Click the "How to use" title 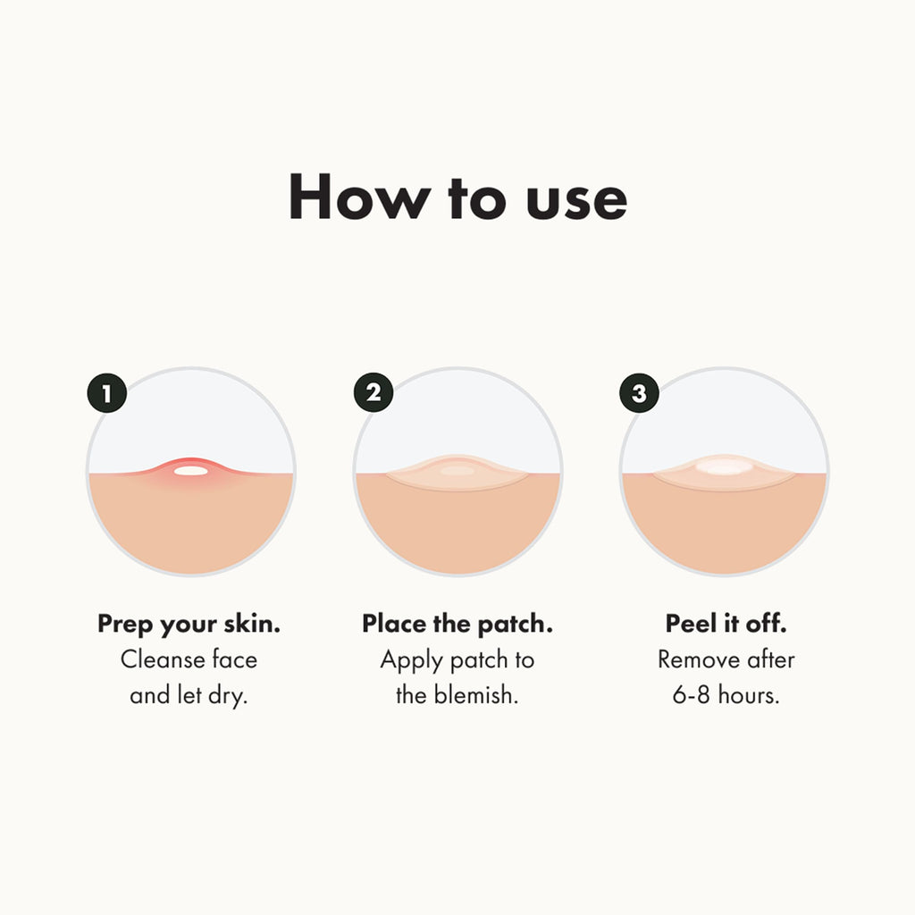457,198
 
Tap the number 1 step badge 107,393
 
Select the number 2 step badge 374,393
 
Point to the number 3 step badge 639,393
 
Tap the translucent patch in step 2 457,474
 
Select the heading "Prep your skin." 189,625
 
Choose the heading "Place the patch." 457,625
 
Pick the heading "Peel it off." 726,624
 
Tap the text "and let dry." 189,695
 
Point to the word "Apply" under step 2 412,661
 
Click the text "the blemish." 457,695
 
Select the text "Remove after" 726,659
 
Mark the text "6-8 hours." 726,695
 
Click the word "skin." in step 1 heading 252,625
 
